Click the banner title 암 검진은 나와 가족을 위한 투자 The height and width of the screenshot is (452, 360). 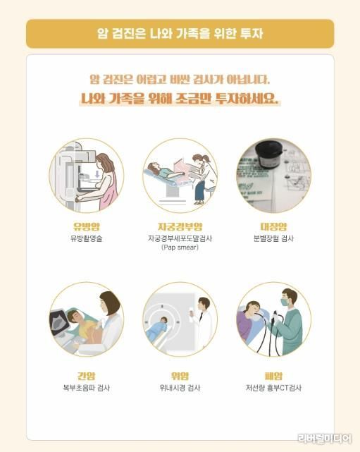pos(180,34)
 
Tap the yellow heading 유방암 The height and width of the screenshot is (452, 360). pos(87,226)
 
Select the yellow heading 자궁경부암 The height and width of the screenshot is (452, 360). pos(180,226)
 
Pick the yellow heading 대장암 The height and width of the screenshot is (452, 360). pos(273,226)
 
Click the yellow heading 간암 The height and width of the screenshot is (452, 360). pos(87,376)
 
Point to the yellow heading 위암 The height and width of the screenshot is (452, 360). pos(180,376)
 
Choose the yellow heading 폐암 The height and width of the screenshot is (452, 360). pos(273,376)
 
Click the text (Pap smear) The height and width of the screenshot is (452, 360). pos(180,248)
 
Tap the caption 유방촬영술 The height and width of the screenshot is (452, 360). pos(87,238)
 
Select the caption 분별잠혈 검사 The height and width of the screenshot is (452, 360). pos(273,238)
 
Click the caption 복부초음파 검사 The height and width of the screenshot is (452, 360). pos(87,388)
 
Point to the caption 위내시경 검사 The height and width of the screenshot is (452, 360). pos(180,388)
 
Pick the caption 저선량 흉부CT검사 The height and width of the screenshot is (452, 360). pos(273,388)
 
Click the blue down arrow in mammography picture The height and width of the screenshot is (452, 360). pos(97,174)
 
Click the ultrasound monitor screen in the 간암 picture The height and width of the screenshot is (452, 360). pos(58,321)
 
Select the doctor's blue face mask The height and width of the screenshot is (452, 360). pos(285,302)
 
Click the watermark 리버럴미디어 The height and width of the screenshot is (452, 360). pos(325,439)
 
